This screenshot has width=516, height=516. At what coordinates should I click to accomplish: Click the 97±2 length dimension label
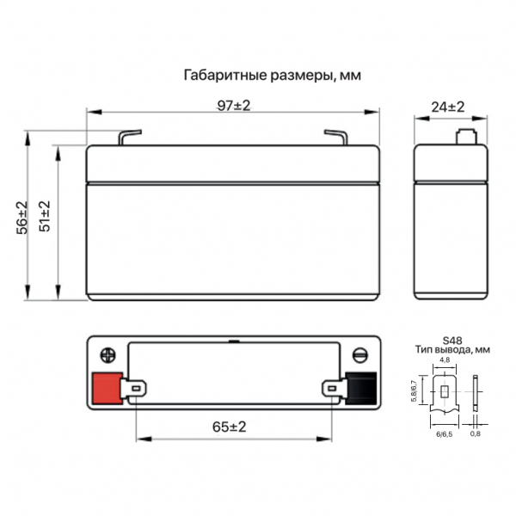click(234, 106)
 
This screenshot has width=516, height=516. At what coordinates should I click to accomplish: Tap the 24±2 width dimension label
click(447, 107)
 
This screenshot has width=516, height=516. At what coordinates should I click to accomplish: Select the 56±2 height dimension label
click(22, 218)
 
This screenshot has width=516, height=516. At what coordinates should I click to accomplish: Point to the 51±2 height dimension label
click(45, 216)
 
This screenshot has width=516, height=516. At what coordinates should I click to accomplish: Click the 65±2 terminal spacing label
click(230, 427)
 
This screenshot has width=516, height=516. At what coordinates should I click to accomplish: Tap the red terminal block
click(107, 389)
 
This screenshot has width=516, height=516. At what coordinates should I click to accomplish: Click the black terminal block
click(361, 389)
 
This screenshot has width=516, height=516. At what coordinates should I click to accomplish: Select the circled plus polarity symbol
click(108, 355)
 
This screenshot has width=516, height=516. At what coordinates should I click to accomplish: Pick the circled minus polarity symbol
click(360, 355)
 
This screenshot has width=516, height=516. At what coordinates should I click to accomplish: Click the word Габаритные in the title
click(225, 75)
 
